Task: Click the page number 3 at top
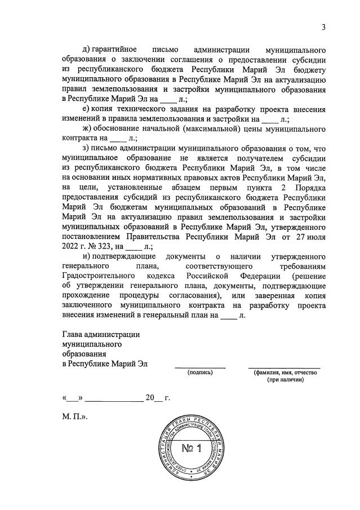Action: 324,26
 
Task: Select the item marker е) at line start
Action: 86,108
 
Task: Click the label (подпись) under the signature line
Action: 201,372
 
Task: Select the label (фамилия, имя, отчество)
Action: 286,372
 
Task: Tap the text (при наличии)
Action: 286,380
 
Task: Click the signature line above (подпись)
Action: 201,367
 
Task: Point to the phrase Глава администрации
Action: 101,334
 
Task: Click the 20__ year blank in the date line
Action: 154,398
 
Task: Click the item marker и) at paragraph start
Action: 86,256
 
